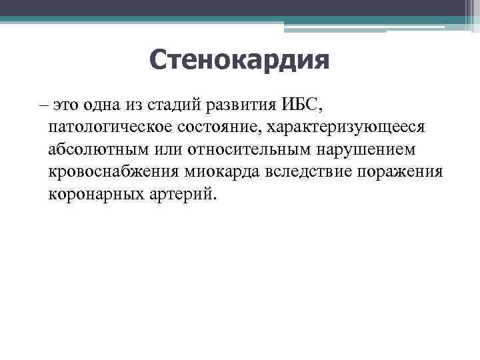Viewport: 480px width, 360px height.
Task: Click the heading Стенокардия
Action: click(239, 62)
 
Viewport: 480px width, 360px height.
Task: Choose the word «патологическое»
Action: click(107, 127)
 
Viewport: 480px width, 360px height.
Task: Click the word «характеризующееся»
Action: click(339, 127)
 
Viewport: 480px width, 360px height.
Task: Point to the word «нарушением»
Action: click(365, 149)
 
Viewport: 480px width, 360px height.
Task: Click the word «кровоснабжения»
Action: click(113, 172)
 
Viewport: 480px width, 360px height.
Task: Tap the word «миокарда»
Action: click(221, 172)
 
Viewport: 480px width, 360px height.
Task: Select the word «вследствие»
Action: click(310, 172)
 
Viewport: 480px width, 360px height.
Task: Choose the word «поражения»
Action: click(400, 172)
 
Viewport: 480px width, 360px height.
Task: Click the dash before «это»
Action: click(44, 105)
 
